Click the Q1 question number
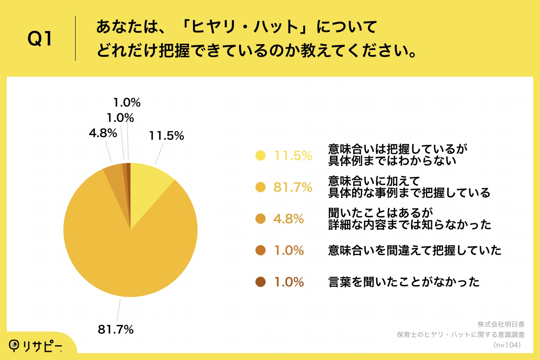[x=40, y=39]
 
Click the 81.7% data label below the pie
[x=116, y=329]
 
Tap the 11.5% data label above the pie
[x=166, y=136]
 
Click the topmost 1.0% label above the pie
[x=126, y=103]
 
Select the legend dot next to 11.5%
[x=260, y=156]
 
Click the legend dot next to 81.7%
[x=260, y=188]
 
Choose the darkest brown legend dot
[x=260, y=282]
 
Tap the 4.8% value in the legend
[x=289, y=219]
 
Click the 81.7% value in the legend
[x=293, y=188]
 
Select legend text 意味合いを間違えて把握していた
[x=414, y=251]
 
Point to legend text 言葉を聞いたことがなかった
[x=404, y=282]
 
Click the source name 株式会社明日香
[x=501, y=324]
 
